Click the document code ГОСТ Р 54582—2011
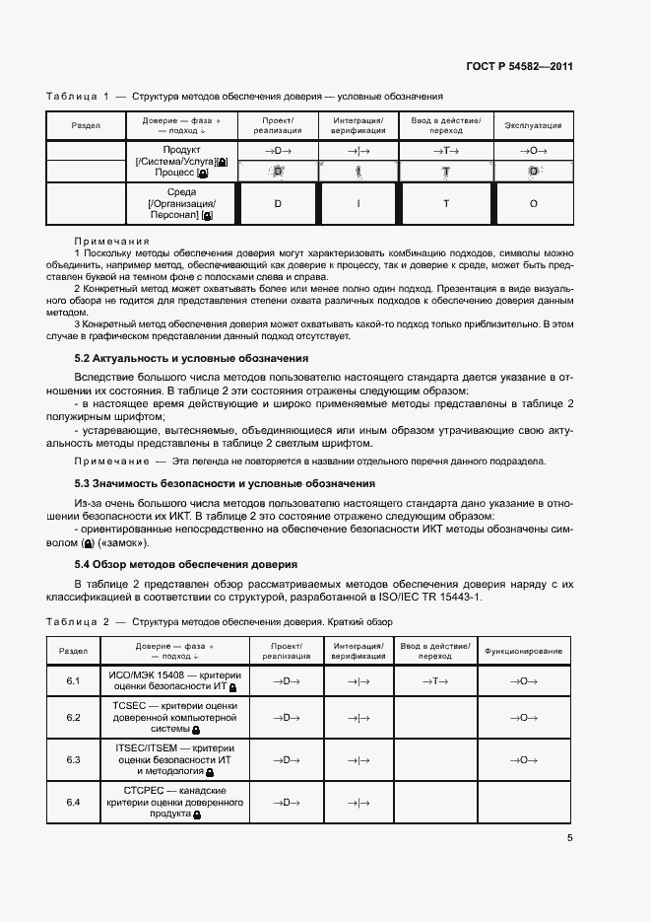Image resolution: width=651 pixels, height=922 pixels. pos(519,67)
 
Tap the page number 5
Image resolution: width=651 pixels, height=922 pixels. pos(569,838)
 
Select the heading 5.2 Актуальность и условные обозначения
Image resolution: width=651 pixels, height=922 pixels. pos(192,358)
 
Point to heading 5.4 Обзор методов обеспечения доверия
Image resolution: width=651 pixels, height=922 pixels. pos(186,564)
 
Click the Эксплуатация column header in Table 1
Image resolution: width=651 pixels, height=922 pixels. pos(533,125)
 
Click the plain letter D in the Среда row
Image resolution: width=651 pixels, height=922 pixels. pos(278,203)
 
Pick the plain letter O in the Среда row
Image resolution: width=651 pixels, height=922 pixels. pos(533,203)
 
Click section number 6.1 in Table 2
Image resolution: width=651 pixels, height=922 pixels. pos(73,680)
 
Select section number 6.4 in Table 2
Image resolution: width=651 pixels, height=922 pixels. pos(73,802)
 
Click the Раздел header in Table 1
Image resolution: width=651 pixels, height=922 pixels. pos(86,125)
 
